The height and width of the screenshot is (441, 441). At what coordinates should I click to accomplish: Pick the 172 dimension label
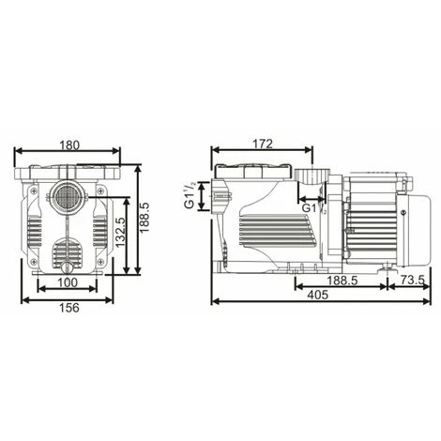point(262,144)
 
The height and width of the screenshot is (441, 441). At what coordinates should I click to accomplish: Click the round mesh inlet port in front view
point(68,197)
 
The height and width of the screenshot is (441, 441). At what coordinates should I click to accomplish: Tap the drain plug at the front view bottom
point(66,264)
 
